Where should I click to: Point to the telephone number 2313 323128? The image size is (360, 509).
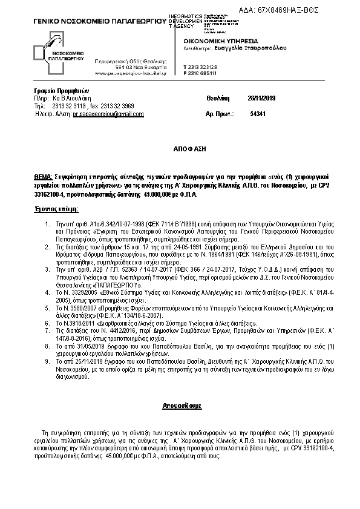pos(205,67)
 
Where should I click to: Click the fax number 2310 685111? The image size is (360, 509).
pos(205,73)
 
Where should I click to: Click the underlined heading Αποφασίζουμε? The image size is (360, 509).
pos(180,402)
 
